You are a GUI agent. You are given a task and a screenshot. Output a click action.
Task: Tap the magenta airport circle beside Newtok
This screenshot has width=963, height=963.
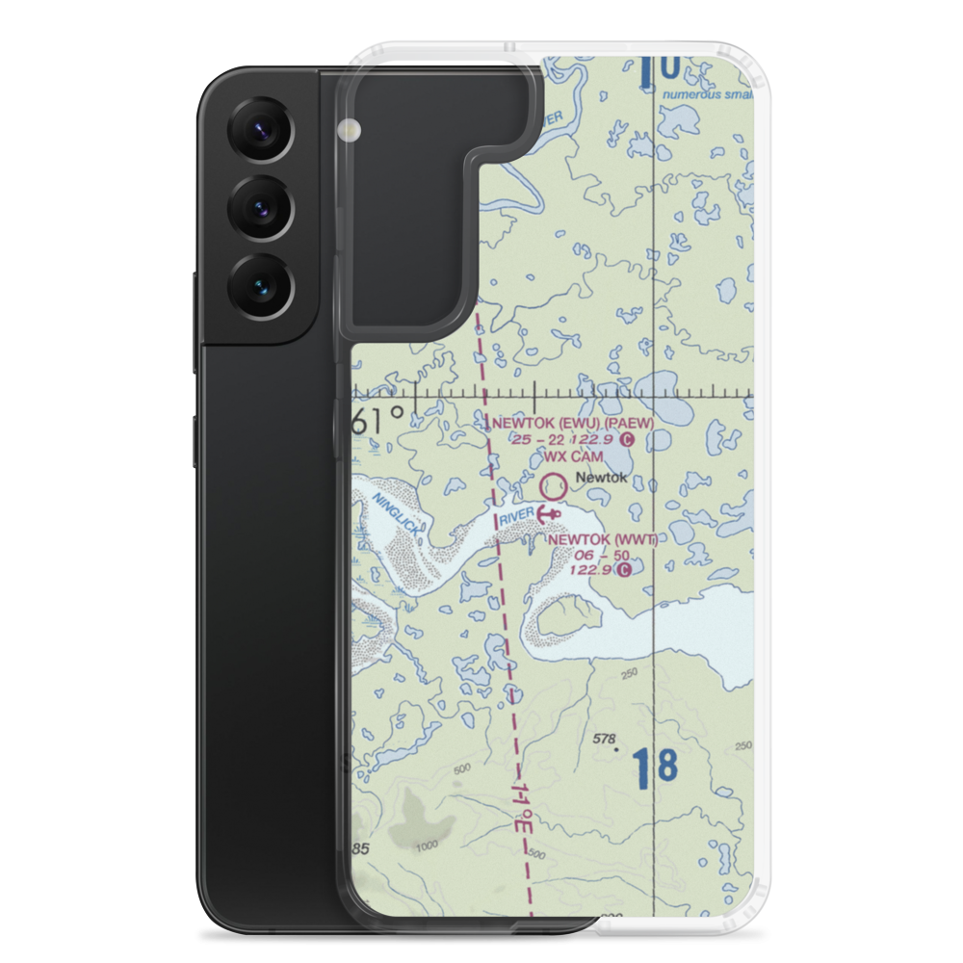(x=553, y=483)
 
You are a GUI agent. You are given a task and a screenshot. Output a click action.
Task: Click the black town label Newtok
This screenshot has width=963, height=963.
(x=600, y=478)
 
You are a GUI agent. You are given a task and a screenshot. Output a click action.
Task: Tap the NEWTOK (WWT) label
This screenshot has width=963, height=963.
(x=602, y=539)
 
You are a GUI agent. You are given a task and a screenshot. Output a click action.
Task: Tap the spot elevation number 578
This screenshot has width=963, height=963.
(x=605, y=739)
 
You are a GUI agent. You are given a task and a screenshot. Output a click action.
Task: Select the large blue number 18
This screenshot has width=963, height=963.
(x=656, y=768)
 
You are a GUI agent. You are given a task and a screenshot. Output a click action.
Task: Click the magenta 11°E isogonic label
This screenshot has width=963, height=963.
(x=522, y=796)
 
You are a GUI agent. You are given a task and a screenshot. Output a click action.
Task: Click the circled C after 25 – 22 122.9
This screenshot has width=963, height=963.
(x=627, y=440)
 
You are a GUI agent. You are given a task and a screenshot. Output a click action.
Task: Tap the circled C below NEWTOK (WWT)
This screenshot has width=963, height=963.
(x=625, y=570)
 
